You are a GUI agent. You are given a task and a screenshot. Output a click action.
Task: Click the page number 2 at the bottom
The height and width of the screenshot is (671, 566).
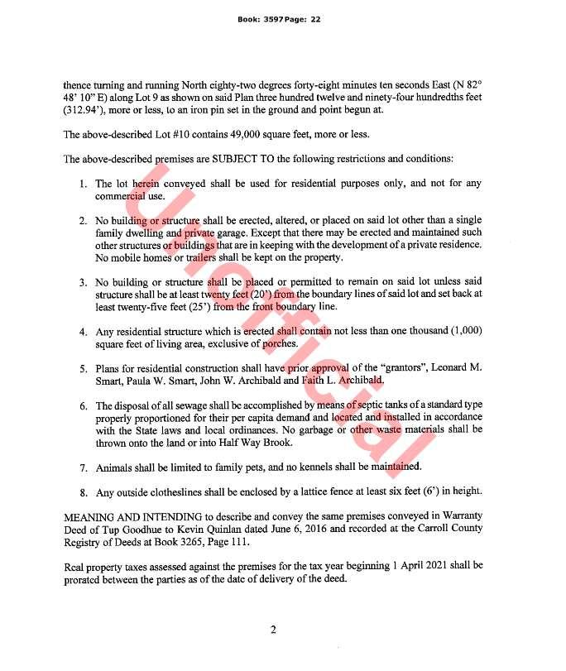(x=273, y=630)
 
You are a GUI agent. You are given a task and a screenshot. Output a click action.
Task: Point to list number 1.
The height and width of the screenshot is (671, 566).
(x=84, y=184)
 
